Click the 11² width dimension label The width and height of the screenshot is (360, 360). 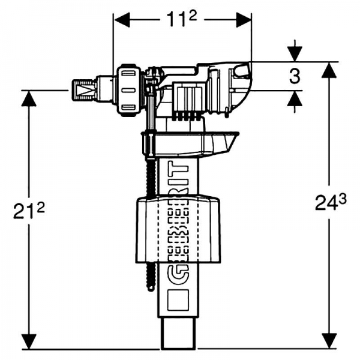point(181,19)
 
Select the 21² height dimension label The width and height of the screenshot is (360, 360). point(29,211)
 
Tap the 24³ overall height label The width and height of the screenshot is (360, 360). point(331,202)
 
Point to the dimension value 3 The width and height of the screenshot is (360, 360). point(295,76)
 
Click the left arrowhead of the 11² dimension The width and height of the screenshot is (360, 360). point(122,20)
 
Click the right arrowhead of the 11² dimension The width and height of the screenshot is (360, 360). point(244,20)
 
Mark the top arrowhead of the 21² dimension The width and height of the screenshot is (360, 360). point(29,99)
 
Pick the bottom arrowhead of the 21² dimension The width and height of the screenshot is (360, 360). point(29,341)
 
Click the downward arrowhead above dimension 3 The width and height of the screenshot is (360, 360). point(295,54)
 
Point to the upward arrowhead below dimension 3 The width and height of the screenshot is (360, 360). point(295,98)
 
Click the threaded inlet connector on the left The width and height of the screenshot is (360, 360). point(83,90)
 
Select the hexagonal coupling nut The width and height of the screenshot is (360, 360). point(129,90)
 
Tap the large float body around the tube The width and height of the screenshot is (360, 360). point(178,230)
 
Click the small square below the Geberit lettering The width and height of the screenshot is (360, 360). point(178,300)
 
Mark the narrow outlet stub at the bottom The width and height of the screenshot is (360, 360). point(178,334)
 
